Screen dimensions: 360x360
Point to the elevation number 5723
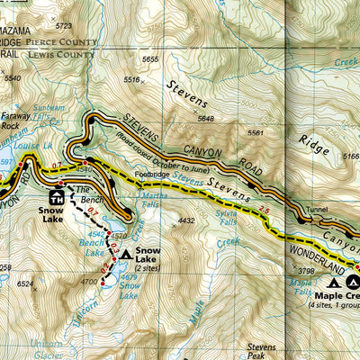coord(63,27)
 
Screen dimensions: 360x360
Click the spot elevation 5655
coord(150,59)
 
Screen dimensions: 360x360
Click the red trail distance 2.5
coord(264,209)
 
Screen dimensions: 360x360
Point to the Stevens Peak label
coord(261,350)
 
